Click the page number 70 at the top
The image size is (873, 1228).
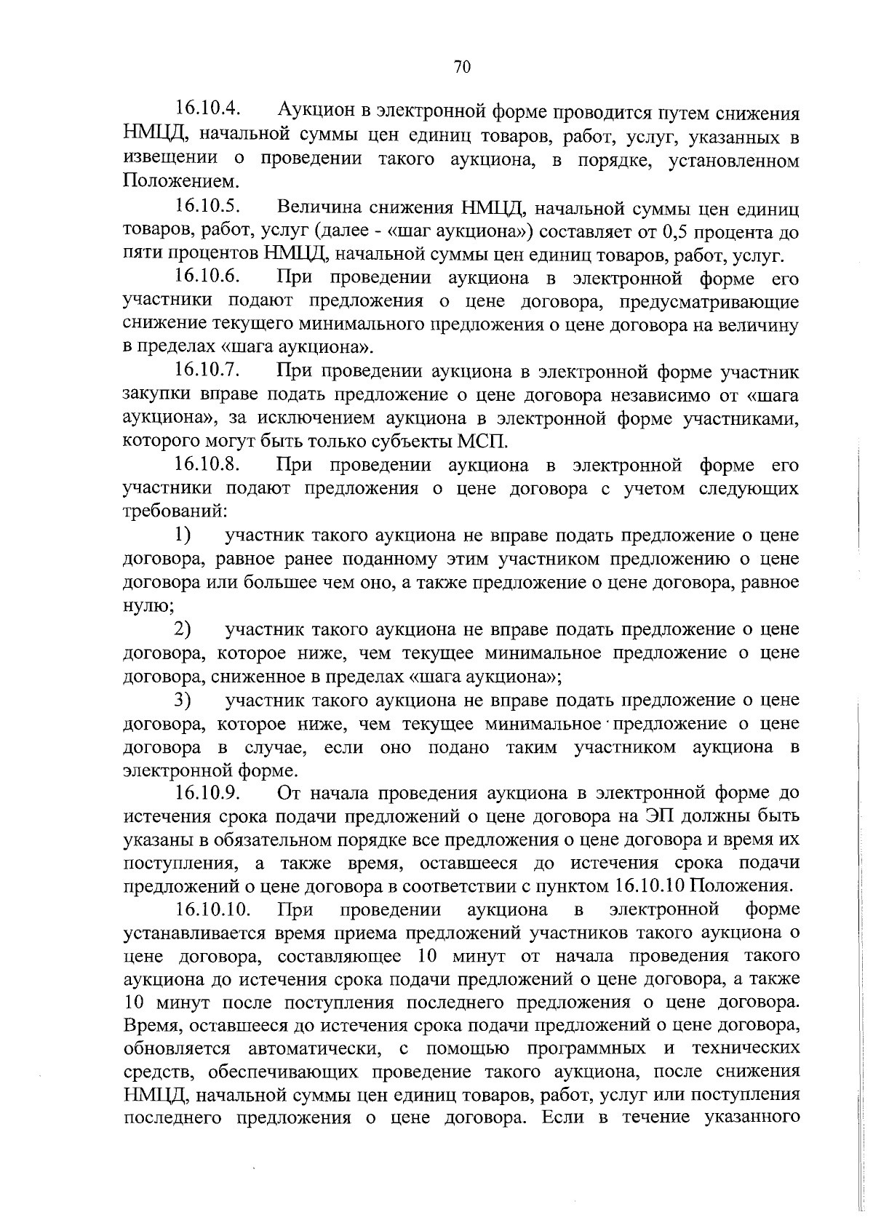click(x=462, y=67)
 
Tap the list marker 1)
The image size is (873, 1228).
click(x=182, y=535)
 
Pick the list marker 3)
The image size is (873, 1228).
click(x=182, y=700)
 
